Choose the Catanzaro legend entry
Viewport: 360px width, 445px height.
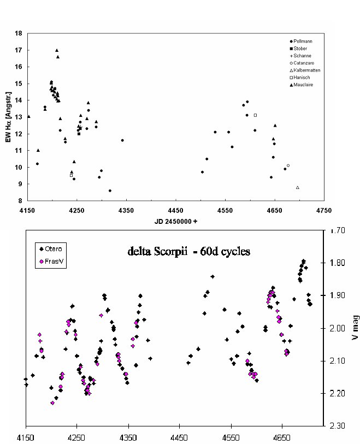[304, 63]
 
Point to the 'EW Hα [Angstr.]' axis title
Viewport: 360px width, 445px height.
[9, 117]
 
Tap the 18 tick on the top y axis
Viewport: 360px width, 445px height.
[18, 33]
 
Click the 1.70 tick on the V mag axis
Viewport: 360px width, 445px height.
[338, 230]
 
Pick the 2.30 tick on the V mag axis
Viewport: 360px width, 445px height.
[338, 425]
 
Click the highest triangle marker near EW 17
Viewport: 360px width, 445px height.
[57, 50]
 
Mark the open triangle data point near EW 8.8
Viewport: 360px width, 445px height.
[298, 187]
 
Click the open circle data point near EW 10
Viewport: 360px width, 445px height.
[288, 165]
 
